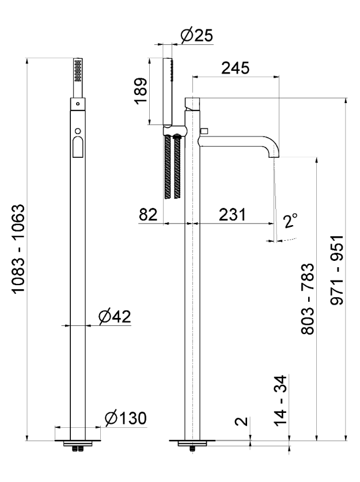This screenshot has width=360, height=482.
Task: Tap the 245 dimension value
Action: pos(236,69)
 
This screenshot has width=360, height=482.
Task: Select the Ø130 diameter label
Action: pos(126,418)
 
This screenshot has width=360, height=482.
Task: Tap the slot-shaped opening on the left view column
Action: pos(78,146)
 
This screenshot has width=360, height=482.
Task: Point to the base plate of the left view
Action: pos(78,442)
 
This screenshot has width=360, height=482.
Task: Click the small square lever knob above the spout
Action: pos(203,131)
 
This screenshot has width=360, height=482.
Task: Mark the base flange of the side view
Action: pos(193,442)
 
